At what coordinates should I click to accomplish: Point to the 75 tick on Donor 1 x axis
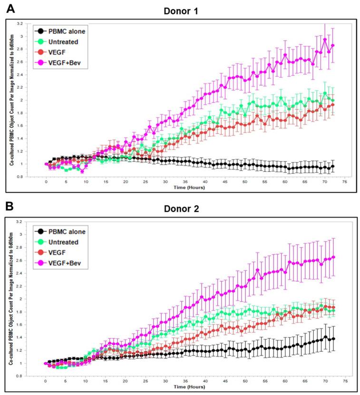[x=344, y=182]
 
